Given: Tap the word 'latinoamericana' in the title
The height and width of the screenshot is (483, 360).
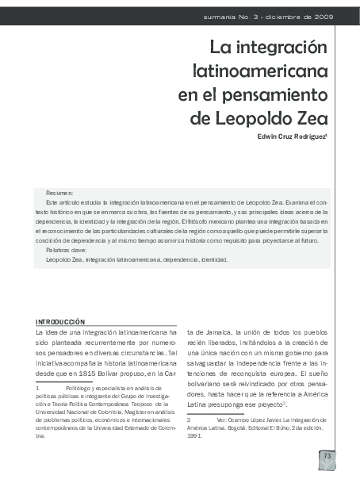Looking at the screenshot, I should [260, 71].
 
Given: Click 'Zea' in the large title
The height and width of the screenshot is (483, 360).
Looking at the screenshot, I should [311, 119].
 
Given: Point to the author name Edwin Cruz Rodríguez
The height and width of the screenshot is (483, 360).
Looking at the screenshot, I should [289, 136].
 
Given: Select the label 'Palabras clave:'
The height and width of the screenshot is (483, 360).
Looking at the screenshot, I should [67, 250].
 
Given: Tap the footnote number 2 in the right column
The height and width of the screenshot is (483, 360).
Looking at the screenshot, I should [189, 418].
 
